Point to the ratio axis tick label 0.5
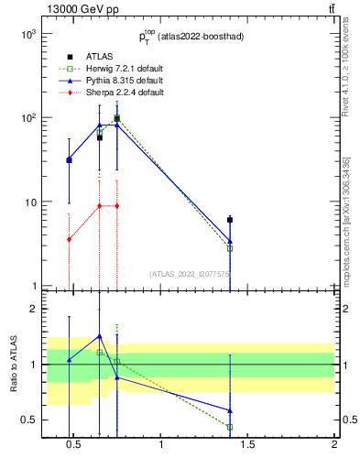(27, 420)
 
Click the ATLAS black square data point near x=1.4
(230, 220)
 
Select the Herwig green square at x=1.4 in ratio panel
(230, 427)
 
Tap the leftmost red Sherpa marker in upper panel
(69, 239)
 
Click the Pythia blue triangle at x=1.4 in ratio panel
(230, 410)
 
